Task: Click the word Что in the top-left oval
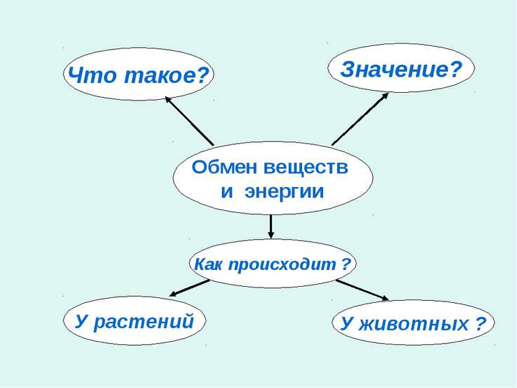[x=92, y=75]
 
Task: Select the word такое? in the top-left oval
[x=167, y=75]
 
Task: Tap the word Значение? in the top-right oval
[x=401, y=70]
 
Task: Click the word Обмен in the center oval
[x=224, y=167]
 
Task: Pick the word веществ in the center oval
[x=306, y=167]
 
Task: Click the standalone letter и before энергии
[x=227, y=193]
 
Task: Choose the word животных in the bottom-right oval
[x=414, y=324]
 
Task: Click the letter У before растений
[x=81, y=322]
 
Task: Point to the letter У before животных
[x=347, y=324]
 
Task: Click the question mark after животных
[x=481, y=324]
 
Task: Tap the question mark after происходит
[x=346, y=264]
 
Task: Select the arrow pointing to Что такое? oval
[x=189, y=121]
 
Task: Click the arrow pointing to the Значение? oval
[x=360, y=119]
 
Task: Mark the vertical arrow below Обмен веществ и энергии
[x=271, y=226]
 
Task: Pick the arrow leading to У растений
[x=190, y=288]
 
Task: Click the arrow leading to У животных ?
[x=362, y=290]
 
